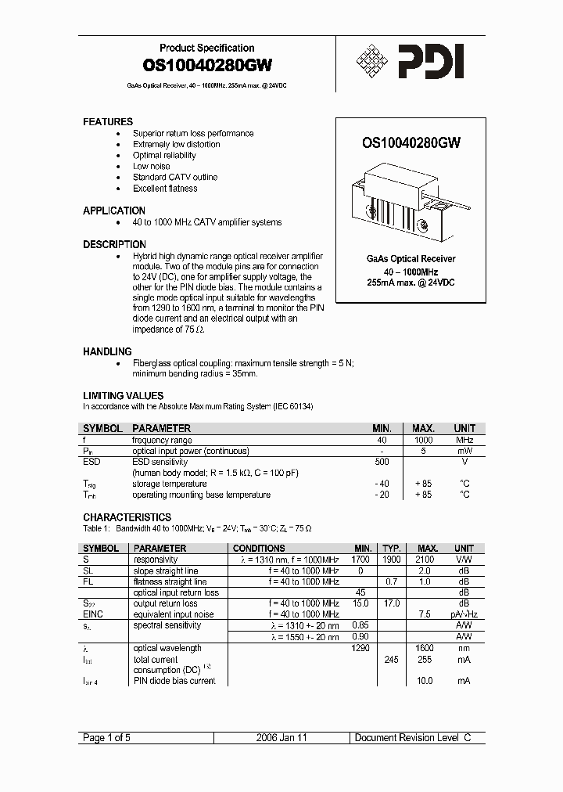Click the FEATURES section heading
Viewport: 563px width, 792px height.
point(108,122)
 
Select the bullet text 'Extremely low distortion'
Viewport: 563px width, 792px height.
point(176,145)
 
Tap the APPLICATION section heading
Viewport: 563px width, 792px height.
point(114,211)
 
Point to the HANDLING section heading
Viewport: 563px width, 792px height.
point(107,352)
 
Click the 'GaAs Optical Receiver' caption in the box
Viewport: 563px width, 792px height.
point(411,259)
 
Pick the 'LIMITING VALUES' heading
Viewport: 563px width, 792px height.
point(123,396)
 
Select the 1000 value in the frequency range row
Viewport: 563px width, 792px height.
point(423,441)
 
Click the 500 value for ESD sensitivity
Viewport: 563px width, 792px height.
point(381,462)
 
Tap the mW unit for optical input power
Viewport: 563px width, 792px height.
point(464,452)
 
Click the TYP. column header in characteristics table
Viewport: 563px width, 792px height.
point(392,549)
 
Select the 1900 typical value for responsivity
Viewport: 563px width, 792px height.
point(392,560)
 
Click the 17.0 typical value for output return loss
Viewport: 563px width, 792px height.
point(392,603)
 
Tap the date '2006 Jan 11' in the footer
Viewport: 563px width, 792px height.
point(283,738)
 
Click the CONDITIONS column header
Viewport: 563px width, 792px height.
point(259,549)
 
